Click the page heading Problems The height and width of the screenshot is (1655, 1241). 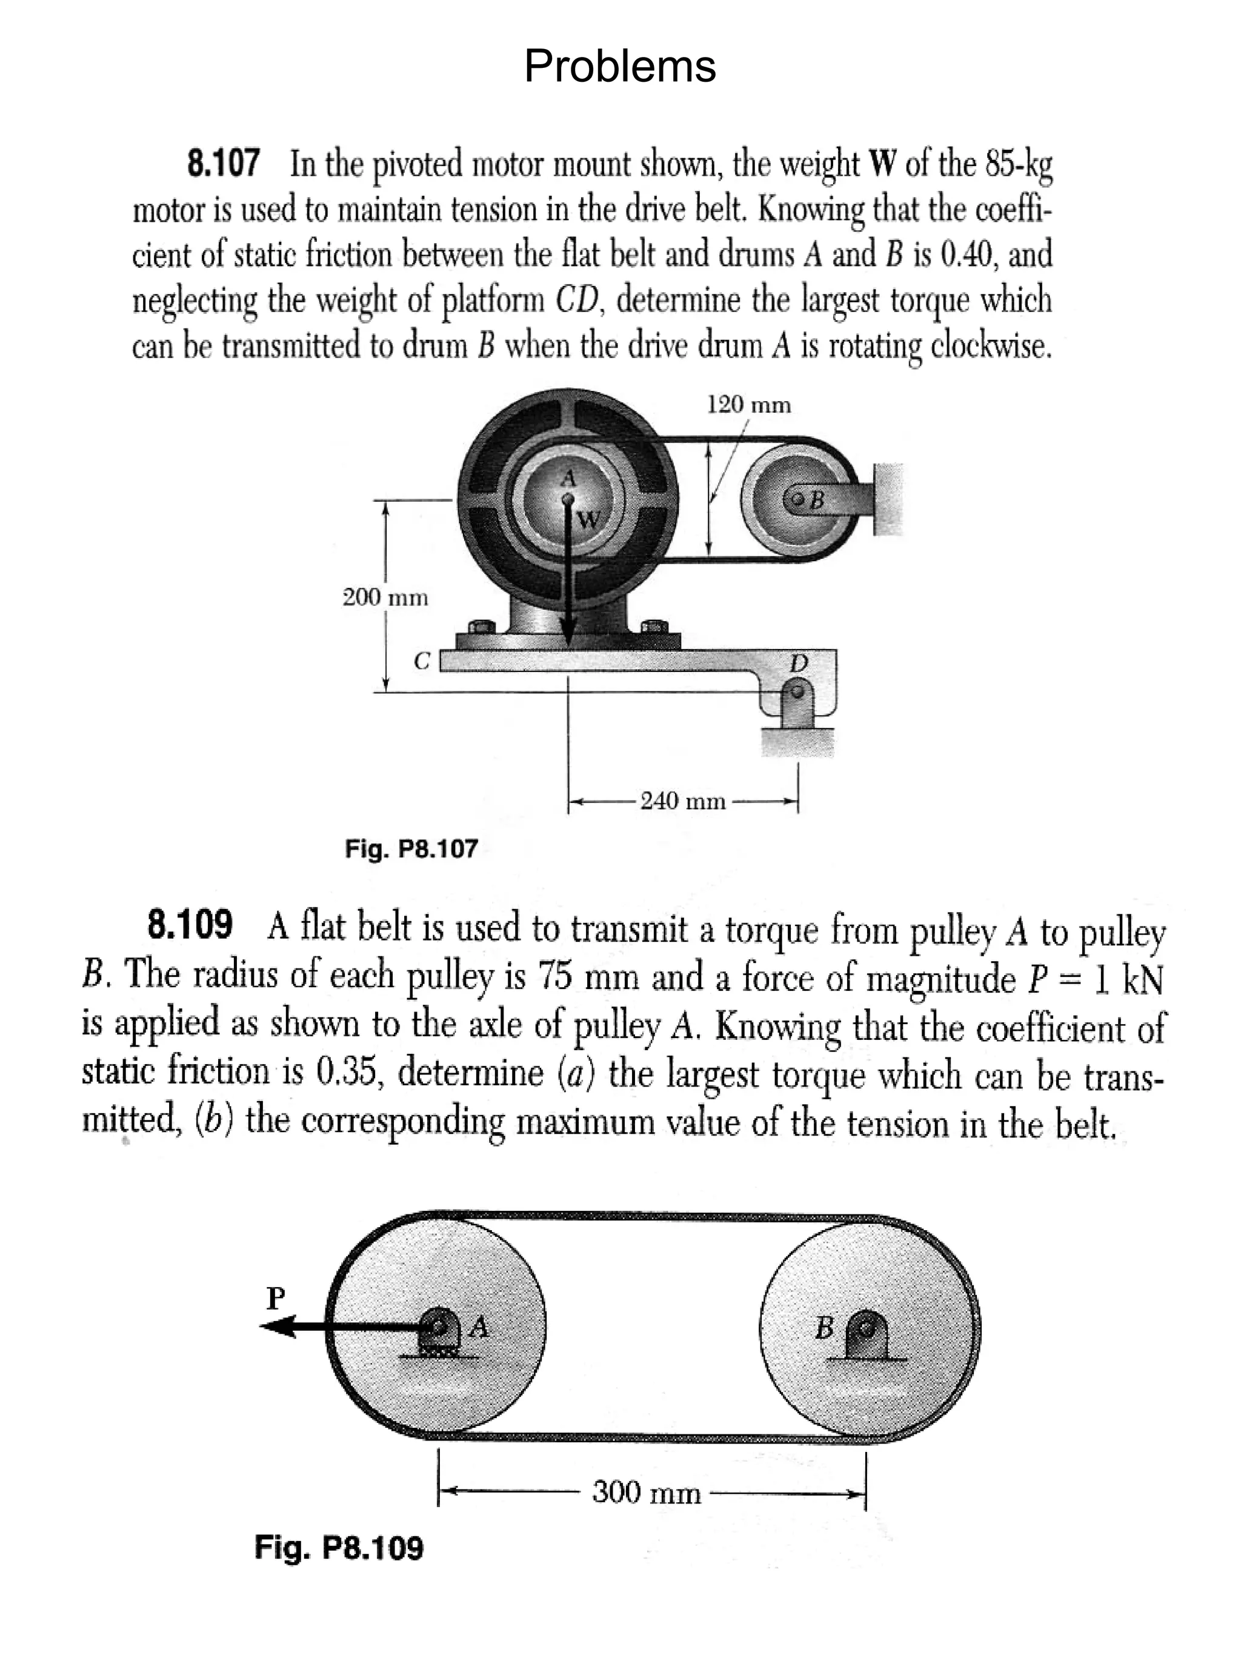click(x=619, y=66)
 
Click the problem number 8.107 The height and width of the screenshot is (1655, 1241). click(x=223, y=163)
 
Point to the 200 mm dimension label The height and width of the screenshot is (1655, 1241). click(x=385, y=598)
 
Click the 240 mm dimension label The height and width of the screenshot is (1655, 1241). click(x=683, y=801)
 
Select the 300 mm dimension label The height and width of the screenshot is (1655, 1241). click(x=647, y=1493)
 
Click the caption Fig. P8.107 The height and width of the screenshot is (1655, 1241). click(x=411, y=848)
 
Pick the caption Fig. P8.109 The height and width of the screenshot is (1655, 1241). click(x=339, y=1547)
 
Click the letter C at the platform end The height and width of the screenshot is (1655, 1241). click(x=422, y=661)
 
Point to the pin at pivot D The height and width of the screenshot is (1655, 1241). click(x=798, y=693)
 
